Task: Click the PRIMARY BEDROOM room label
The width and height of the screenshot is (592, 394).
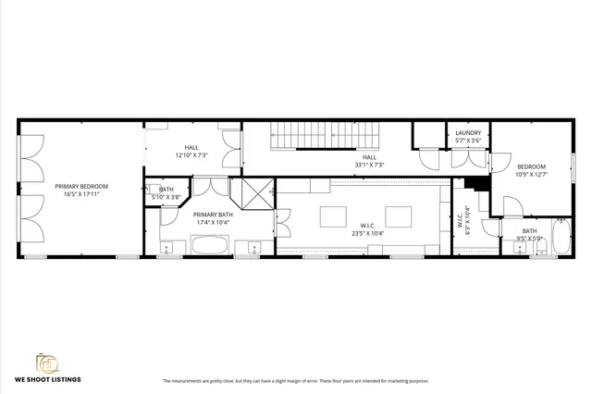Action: coord(80,186)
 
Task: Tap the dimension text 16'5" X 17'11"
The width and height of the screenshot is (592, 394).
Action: coord(80,194)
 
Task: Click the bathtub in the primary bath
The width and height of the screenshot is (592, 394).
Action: coord(210,246)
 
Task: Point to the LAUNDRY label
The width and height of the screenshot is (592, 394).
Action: coord(468,132)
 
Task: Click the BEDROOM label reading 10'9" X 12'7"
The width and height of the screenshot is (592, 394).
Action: coord(531,166)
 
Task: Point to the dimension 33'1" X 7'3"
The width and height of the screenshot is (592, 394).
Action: coord(369,166)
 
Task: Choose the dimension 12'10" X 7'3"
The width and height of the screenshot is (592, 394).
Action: coord(191,154)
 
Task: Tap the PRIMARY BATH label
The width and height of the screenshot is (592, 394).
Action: coord(211,215)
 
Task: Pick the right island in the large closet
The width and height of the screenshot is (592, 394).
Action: coord(399,216)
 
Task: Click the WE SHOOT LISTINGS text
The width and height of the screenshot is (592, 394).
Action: coord(46,379)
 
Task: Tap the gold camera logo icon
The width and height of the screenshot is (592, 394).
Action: coord(46,362)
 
